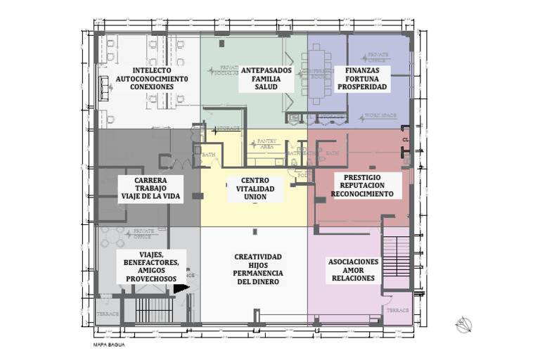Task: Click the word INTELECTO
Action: click(150, 70)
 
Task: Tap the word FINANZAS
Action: click(362, 70)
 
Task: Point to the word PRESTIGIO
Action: click(362, 177)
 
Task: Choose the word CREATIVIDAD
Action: click(258, 257)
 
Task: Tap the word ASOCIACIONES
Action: click(353, 262)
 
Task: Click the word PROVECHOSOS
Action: click(151, 279)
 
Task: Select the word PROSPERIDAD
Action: click(362, 87)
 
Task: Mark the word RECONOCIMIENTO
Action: click(362, 193)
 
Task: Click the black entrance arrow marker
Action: click(181, 288)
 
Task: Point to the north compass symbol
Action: click(463, 325)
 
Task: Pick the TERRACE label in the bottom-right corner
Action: click(397, 310)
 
